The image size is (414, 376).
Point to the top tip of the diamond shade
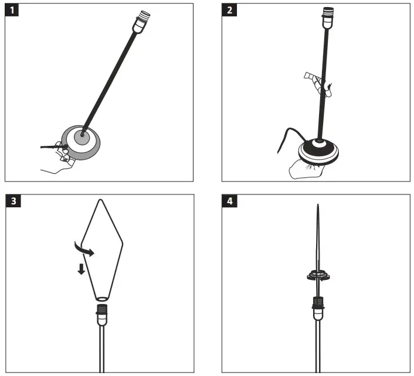pos(101,200)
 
